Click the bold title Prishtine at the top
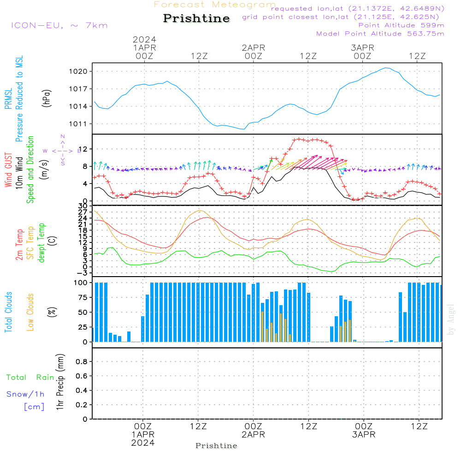point(196,18)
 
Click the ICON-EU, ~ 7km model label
point(59,25)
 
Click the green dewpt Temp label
point(42,243)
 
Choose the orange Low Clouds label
point(30,312)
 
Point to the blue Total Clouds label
point(9,312)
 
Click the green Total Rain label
point(30,378)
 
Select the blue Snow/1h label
point(26,394)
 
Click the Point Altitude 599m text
point(401,25)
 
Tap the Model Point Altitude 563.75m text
point(380,34)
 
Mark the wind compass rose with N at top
point(62,150)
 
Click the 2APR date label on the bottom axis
point(253,435)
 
